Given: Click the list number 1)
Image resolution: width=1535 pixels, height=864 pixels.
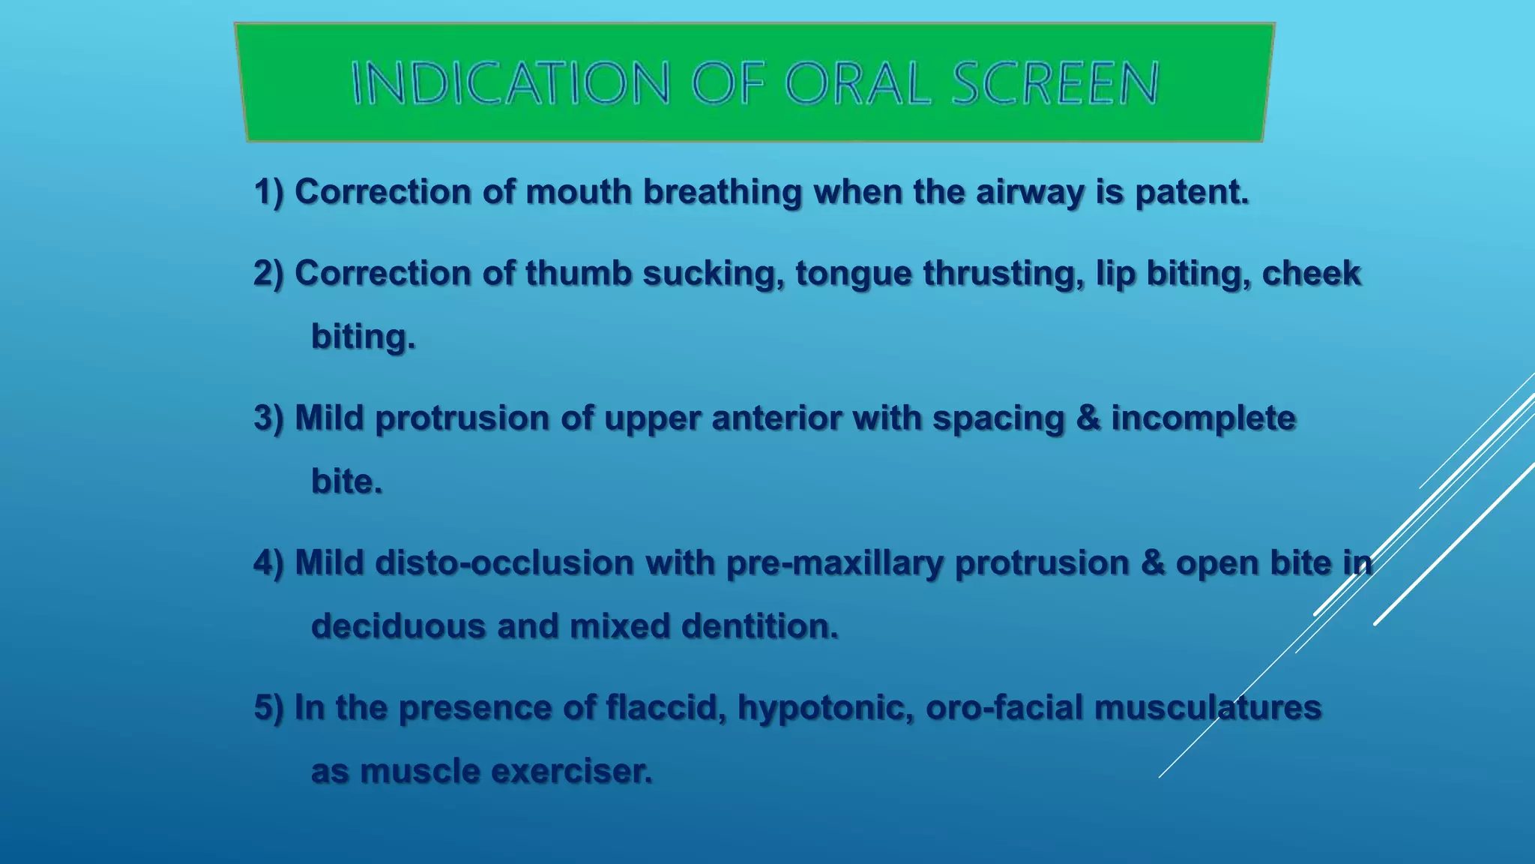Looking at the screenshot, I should pos(269,192).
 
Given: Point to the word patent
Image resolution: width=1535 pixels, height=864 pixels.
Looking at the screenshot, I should pos(1192,193).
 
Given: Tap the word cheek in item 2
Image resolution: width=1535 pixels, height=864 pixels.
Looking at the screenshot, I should pos(1311,273).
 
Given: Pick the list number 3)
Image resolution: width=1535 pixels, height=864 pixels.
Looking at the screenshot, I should pos(269,418).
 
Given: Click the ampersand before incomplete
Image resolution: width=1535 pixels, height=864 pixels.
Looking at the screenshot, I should pos(1088,418).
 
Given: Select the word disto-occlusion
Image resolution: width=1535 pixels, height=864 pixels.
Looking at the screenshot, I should pos(504,562).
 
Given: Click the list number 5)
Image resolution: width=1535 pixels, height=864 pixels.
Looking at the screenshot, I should pos(269,707).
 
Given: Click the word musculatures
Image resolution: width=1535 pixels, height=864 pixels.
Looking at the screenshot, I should pos(1208,707).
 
